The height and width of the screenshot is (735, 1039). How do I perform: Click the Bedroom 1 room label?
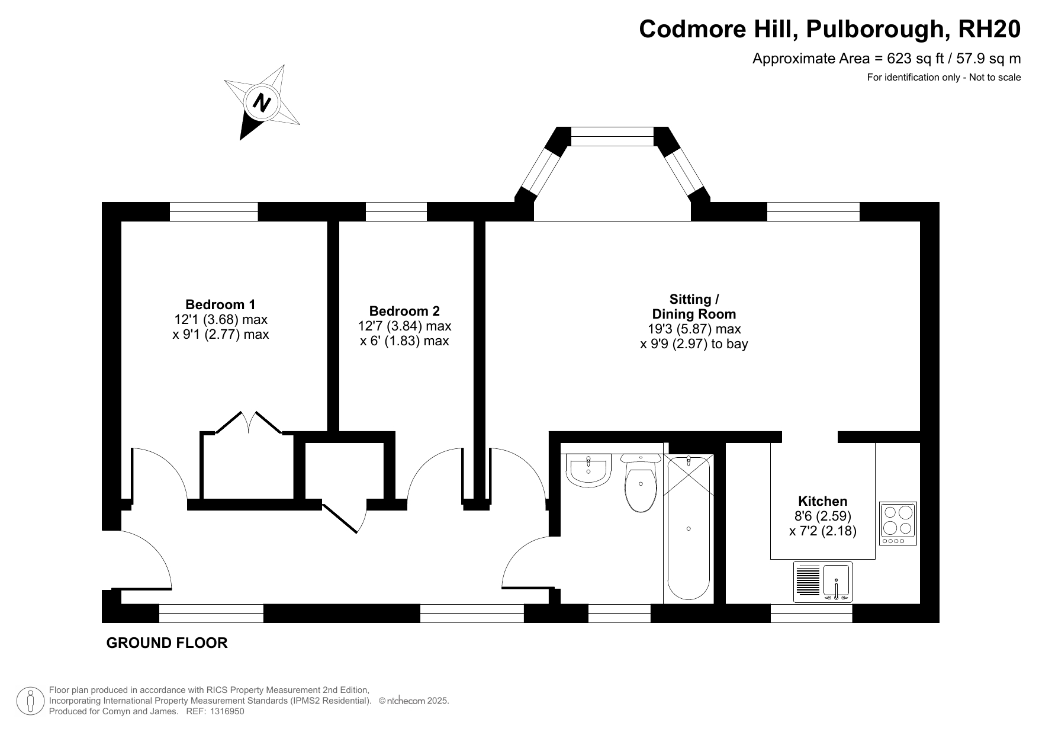pos(220,304)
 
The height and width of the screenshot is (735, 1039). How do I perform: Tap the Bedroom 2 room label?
pos(404,311)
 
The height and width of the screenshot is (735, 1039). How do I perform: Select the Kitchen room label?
pos(823,501)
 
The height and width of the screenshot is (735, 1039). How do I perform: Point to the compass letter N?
pos(262,103)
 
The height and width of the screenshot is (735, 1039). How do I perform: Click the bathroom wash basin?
pos(588,470)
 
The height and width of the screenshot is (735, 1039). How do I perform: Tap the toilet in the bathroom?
pos(641,483)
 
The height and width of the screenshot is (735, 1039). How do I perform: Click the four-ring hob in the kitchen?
pos(898,524)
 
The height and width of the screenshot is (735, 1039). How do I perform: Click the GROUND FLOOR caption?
pos(167,643)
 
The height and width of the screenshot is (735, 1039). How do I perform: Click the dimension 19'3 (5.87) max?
pos(694,329)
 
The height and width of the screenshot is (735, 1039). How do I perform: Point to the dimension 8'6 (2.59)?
pos(823,516)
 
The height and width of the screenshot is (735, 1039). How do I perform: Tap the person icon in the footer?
pos(30,701)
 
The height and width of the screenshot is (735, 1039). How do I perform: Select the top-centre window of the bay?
pos(613,136)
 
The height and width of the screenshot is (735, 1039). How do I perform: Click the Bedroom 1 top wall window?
pos(214,211)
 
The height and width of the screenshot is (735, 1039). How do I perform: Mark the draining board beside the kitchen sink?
pos(808,580)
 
